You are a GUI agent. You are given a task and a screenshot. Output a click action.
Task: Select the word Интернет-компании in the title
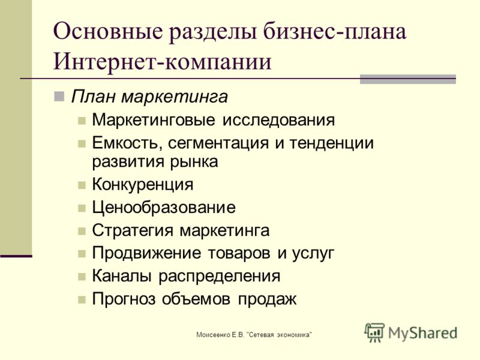coord(163,62)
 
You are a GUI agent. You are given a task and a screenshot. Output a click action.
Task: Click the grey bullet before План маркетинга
coord(59,97)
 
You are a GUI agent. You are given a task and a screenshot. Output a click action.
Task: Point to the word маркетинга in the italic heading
coord(175,97)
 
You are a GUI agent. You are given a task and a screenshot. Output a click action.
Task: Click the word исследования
coord(278,120)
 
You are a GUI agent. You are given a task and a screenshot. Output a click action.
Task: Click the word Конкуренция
coord(143,185)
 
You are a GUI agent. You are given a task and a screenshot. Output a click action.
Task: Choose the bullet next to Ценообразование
coord(82,208)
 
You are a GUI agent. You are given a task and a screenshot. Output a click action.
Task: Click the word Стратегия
coord(133,230)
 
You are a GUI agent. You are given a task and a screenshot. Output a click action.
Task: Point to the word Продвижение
coord(146,253)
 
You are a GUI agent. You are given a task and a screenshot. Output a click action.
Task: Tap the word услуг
coord(313,254)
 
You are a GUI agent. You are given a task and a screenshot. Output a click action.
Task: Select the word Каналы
coord(122,276)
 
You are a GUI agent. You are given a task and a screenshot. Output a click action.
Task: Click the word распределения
coord(220,277)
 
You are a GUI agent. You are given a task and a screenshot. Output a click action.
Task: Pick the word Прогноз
coord(124,299)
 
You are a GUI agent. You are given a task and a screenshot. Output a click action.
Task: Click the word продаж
coord(267,299)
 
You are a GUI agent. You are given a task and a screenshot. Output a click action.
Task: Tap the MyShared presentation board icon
coord(374,332)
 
